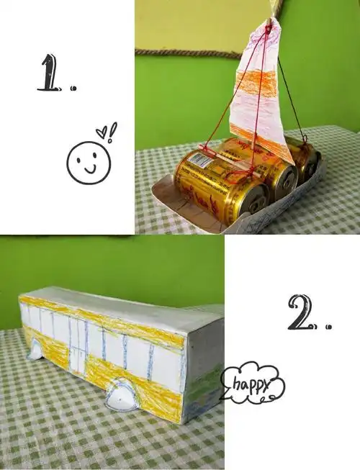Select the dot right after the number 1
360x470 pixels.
click(x=73, y=89)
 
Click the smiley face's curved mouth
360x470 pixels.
click(x=89, y=168)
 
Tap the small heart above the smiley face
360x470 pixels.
click(x=102, y=132)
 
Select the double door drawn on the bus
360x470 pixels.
click(x=78, y=347)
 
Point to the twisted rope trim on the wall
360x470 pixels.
click(x=187, y=52)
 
